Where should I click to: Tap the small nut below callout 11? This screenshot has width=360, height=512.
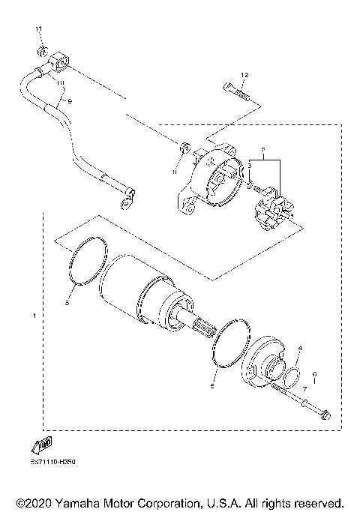[43, 52]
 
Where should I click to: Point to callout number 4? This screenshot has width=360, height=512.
[299, 349]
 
